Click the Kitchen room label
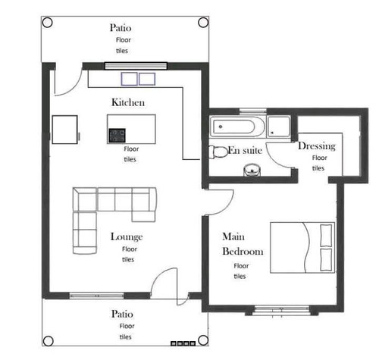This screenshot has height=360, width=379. click(128, 102)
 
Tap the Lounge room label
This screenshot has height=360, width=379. click(127, 236)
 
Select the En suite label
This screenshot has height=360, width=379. click(245, 150)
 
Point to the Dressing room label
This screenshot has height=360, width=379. click(317, 146)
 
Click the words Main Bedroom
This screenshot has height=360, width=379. click(243, 244)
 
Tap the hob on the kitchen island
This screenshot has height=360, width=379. click(117, 136)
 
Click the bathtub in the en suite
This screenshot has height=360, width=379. click(237, 127)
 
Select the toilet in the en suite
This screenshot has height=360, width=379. click(218, 152)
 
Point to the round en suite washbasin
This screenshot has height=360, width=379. click(252, 170)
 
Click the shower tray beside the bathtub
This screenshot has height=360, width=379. click(279, 127)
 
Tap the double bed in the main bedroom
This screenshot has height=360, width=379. click(302, 248)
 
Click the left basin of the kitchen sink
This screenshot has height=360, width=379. click(129, 79)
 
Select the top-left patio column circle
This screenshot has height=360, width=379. click(47, 22)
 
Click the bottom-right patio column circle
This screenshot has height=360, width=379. click(203, 340)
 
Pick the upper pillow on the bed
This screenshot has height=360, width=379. click(326, 236)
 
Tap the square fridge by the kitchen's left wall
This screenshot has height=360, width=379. click(64, 130)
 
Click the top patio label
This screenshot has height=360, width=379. click(121, 28)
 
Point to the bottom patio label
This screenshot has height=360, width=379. click(122, 314)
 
